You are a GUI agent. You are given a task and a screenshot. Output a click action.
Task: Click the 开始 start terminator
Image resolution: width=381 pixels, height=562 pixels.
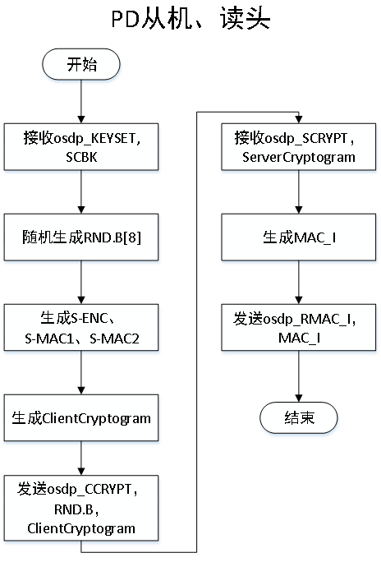81,65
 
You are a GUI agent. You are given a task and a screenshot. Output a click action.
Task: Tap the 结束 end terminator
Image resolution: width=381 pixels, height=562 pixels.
298,417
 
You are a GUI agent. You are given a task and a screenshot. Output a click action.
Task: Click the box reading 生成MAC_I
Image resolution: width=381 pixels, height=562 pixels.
299,237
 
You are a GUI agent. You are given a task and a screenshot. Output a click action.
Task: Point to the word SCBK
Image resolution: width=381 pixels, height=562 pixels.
81,156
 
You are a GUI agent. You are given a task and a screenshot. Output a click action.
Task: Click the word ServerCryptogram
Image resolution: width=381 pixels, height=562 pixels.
299,156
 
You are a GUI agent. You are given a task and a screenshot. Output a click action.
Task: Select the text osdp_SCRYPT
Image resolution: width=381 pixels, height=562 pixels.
308,138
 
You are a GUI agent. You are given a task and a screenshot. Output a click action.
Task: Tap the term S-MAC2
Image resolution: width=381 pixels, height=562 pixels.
114,337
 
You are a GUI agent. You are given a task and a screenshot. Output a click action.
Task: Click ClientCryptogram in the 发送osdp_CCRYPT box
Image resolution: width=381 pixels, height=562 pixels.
81,527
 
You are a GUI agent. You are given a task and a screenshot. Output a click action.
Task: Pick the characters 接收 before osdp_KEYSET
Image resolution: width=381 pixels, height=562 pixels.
34,138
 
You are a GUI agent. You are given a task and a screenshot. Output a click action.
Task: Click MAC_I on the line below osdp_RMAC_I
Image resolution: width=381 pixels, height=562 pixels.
299,337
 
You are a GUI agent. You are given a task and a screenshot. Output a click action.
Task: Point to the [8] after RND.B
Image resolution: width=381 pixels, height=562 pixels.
139,237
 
